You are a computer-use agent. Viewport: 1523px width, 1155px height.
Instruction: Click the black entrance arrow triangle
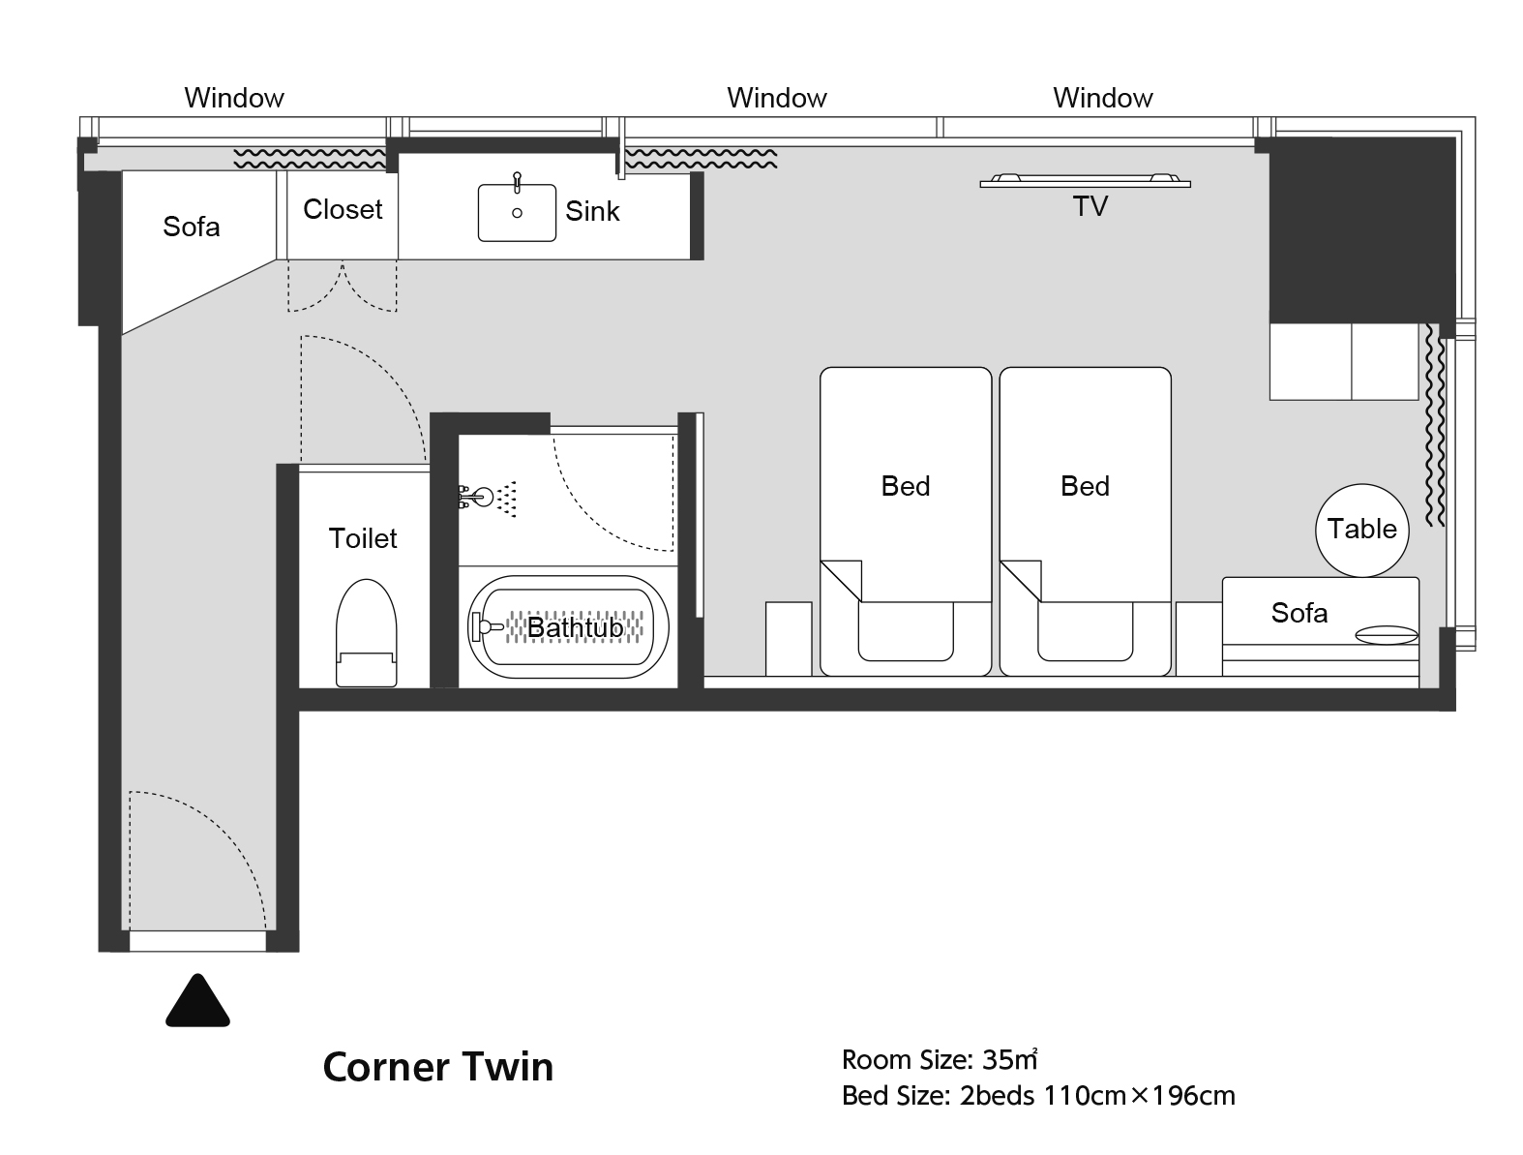(x=197, y=1000)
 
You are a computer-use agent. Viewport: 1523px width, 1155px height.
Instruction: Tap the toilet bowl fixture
(x=366, y=632)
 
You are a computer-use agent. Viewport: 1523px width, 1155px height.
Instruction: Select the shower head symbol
(x=487, y=497)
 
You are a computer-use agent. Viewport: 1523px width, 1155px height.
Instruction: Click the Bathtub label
(x=575, y=627)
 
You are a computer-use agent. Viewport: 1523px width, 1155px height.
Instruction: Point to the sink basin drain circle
(x=517, y=213)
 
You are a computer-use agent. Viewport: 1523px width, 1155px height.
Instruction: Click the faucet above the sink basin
(x=517, y=182)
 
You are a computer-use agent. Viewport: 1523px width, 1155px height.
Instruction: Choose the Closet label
(x=343, y=209)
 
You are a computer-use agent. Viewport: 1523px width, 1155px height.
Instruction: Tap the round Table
(x=1361, y=530)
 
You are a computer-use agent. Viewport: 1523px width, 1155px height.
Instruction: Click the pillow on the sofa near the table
(x=1387, y=635)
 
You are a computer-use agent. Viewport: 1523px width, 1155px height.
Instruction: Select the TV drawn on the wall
(x=1086, y=181)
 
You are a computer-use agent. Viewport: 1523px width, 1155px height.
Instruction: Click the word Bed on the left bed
(x=905, y=486)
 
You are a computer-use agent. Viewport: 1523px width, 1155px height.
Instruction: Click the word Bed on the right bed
(x=1085, y=486)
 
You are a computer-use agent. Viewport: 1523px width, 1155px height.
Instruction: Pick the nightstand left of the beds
(x=789, y=639)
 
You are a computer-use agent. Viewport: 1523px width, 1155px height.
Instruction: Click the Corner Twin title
(x=437, y=1067)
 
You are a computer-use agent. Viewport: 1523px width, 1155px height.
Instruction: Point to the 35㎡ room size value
(x=1009, y=1059)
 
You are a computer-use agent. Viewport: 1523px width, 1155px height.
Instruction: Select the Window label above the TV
(x=1102, y=98)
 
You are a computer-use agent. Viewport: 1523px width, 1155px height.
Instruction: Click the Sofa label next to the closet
(x=191, y=227)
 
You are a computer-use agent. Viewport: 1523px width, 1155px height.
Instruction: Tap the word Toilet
(x=362, y=538)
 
